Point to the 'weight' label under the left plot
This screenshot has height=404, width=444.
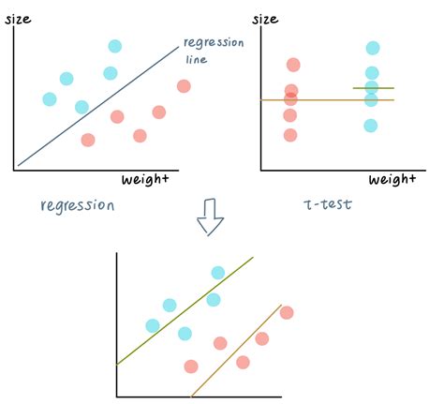[x=145, y=179]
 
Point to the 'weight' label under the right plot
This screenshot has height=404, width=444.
[x=392, y=179]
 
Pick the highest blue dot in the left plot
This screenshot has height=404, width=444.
[x=114, y=46]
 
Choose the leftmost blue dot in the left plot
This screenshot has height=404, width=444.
[x=50, y=98]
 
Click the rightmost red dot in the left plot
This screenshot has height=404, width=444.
[x=184, y=86]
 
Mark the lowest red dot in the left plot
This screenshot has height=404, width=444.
[x=88, y=140]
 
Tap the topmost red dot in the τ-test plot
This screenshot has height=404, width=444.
[x=293, y=65]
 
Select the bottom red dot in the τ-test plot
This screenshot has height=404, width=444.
[x=290, y=135]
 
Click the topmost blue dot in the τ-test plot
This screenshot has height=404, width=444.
[x=373, y=48]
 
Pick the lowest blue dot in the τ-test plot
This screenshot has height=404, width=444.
[x=371, y=125]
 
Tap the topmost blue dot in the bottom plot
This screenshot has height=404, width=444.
[x=218, y=273]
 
